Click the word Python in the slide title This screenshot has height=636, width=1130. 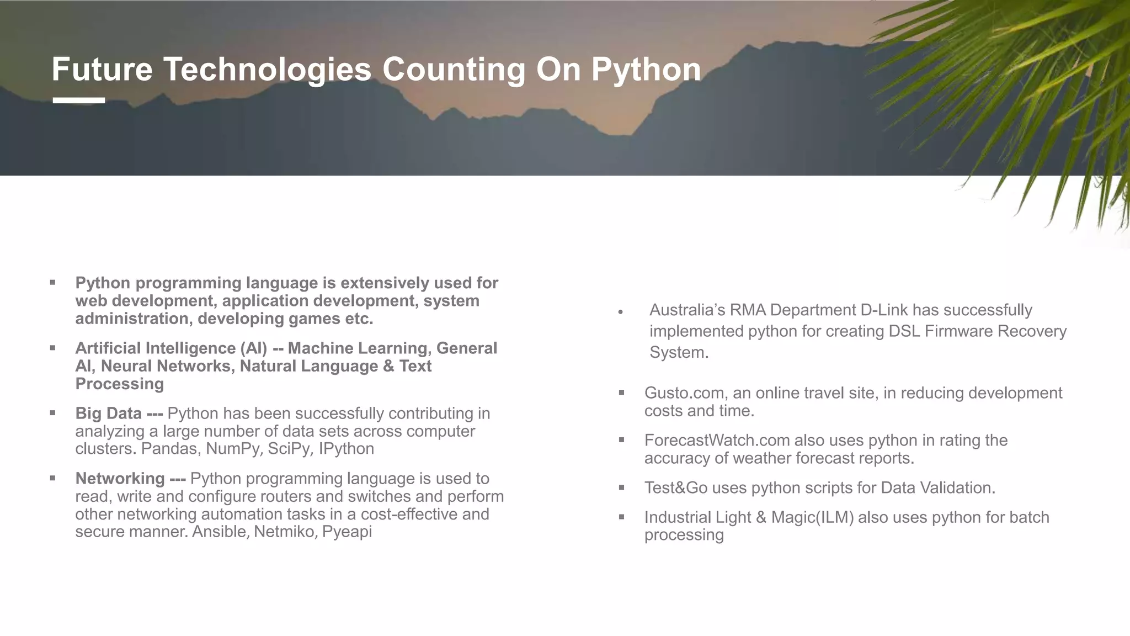pyautogui.click(x=646, y=70)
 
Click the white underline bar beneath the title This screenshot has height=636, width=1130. pyautogui.click(x=79, y=100)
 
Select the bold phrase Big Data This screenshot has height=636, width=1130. pyautogui.click(x=109, y=414)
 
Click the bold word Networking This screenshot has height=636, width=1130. pyautogui.click(x=120, y=479)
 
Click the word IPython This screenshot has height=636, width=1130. pyautogui.click(x=347, y=449)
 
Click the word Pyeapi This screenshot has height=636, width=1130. pyautogui.click(x=347, y=532)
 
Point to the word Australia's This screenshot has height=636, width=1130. pyautogui.click(x=687, y=310)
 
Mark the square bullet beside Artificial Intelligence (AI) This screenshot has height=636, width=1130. pyautogui.click(x=52, y=348)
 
